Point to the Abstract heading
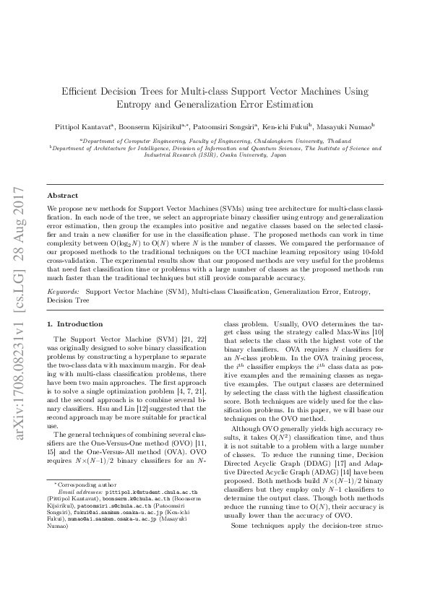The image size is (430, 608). (x=63, y=196)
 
